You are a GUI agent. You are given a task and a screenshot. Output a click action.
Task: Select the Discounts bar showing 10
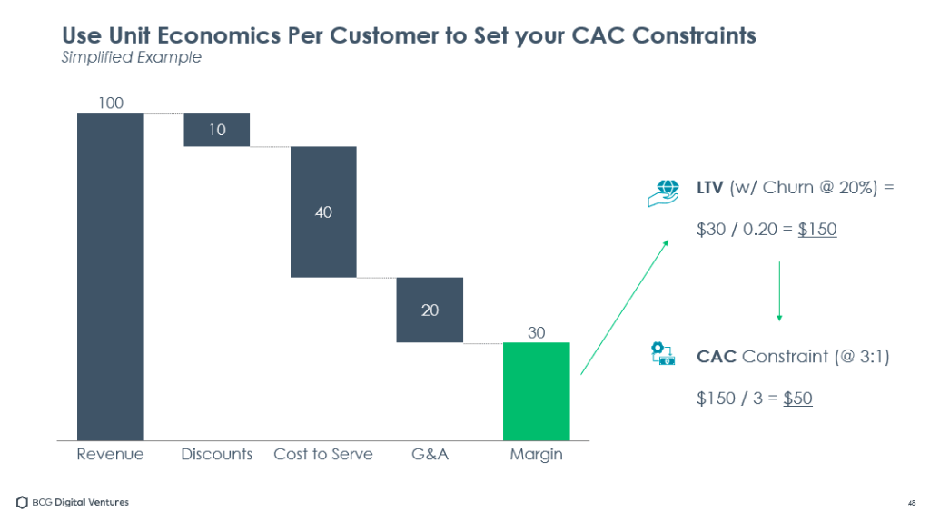point(216,130)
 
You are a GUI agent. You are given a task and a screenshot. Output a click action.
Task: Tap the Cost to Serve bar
point(323,212)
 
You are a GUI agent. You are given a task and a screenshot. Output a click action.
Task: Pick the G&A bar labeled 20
point(430,310)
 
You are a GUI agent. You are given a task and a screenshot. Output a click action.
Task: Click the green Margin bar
point(536,391)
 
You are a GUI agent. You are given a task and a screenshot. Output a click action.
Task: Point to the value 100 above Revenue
point(111,103)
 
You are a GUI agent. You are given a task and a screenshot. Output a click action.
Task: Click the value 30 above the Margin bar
point(537,332)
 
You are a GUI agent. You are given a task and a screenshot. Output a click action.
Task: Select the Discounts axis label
point(216,454)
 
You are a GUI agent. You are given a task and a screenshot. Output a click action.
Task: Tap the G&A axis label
point(430,454)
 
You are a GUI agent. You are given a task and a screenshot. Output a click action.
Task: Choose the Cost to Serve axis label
point(323,454)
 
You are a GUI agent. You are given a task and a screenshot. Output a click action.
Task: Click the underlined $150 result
point(817,230)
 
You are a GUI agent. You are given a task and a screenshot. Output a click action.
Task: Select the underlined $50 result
point(797,398)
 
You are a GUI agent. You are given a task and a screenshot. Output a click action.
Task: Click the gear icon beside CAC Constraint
point(663,354)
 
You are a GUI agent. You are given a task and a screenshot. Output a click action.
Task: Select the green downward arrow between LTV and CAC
point(779,291)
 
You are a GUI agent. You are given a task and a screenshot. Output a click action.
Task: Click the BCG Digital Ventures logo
point(73,502)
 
